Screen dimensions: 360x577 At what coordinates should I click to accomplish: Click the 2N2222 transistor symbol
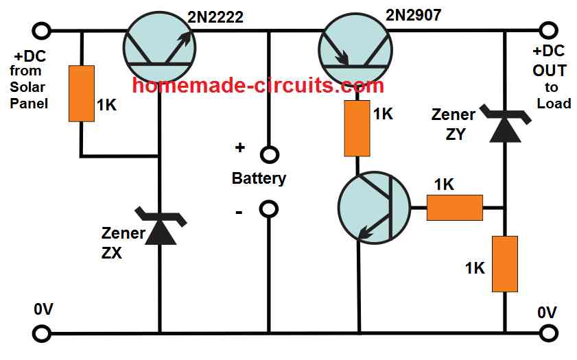[x=159, y=47]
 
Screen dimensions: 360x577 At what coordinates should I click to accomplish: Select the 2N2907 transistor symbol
[x=355, y=47]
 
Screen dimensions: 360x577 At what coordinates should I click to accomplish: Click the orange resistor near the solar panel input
[x=81, y=93]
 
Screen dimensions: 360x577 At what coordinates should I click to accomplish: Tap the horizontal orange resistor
[x=454, y=206]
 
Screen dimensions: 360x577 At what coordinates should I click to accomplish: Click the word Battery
[x=259, y=179]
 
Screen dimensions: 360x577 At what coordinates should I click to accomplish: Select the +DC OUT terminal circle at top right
[x=547, y=31]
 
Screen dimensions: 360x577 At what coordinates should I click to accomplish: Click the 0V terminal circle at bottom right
[x=547, y=335]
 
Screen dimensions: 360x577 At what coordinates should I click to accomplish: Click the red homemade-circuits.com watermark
[x=257, y=86]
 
